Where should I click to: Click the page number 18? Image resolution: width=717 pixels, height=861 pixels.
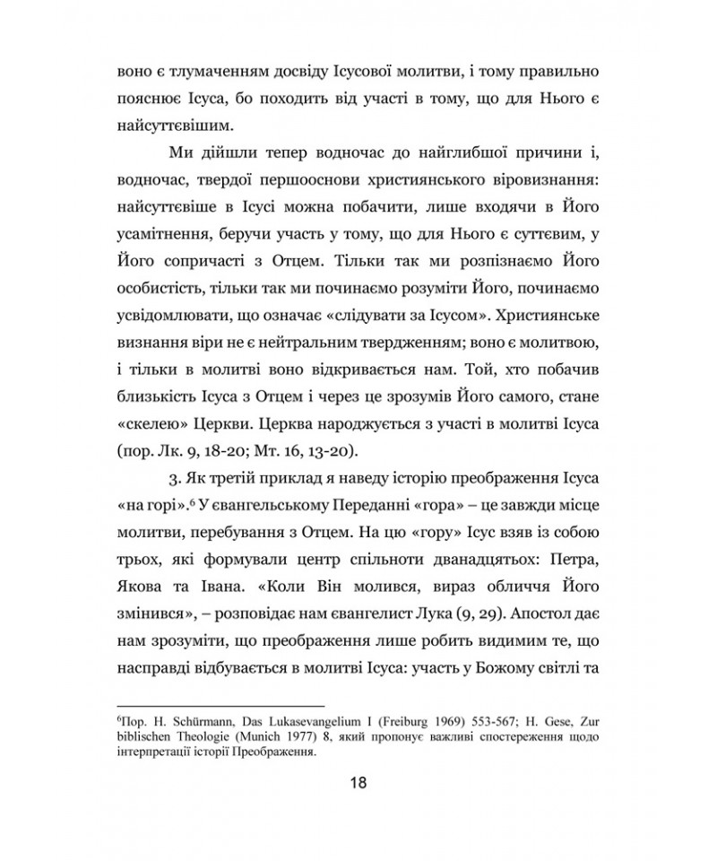[x=358, y=783]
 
